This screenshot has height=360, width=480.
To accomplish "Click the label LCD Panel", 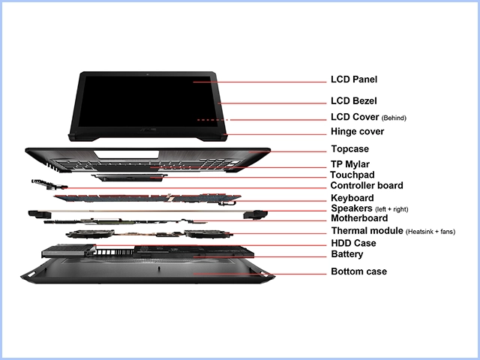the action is tap(354, 79).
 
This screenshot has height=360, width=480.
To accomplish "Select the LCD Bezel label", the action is tap(353, 100).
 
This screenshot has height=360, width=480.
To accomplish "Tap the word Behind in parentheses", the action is tap(394, 118).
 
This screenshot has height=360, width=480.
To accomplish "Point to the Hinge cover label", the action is tap(357, 131).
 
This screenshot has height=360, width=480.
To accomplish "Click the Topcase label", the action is tap(350, 149).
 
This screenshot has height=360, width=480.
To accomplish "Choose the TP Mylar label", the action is tap(350, 164).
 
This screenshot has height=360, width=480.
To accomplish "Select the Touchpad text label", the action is tap(352, 175).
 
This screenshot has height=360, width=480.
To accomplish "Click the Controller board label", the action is tap(367, 185).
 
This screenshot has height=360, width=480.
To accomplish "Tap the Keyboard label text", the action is tap(352, 198).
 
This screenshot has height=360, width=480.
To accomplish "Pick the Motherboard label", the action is tap(359, 218).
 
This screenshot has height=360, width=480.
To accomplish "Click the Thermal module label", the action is tap(367, 230).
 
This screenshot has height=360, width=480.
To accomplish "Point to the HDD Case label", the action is tap(353, 243).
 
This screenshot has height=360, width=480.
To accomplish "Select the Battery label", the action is tap(347, 254).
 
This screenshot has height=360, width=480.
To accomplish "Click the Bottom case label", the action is tap(358, 271).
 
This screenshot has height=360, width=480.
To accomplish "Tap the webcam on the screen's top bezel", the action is tap(147, 73).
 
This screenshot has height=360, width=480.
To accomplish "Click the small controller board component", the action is tap(49, 184).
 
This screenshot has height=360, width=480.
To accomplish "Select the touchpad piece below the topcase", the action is tap(129, 177).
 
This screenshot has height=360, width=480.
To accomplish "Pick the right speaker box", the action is tap(255, 214).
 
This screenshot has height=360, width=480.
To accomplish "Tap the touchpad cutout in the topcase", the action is tap(127, 154).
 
